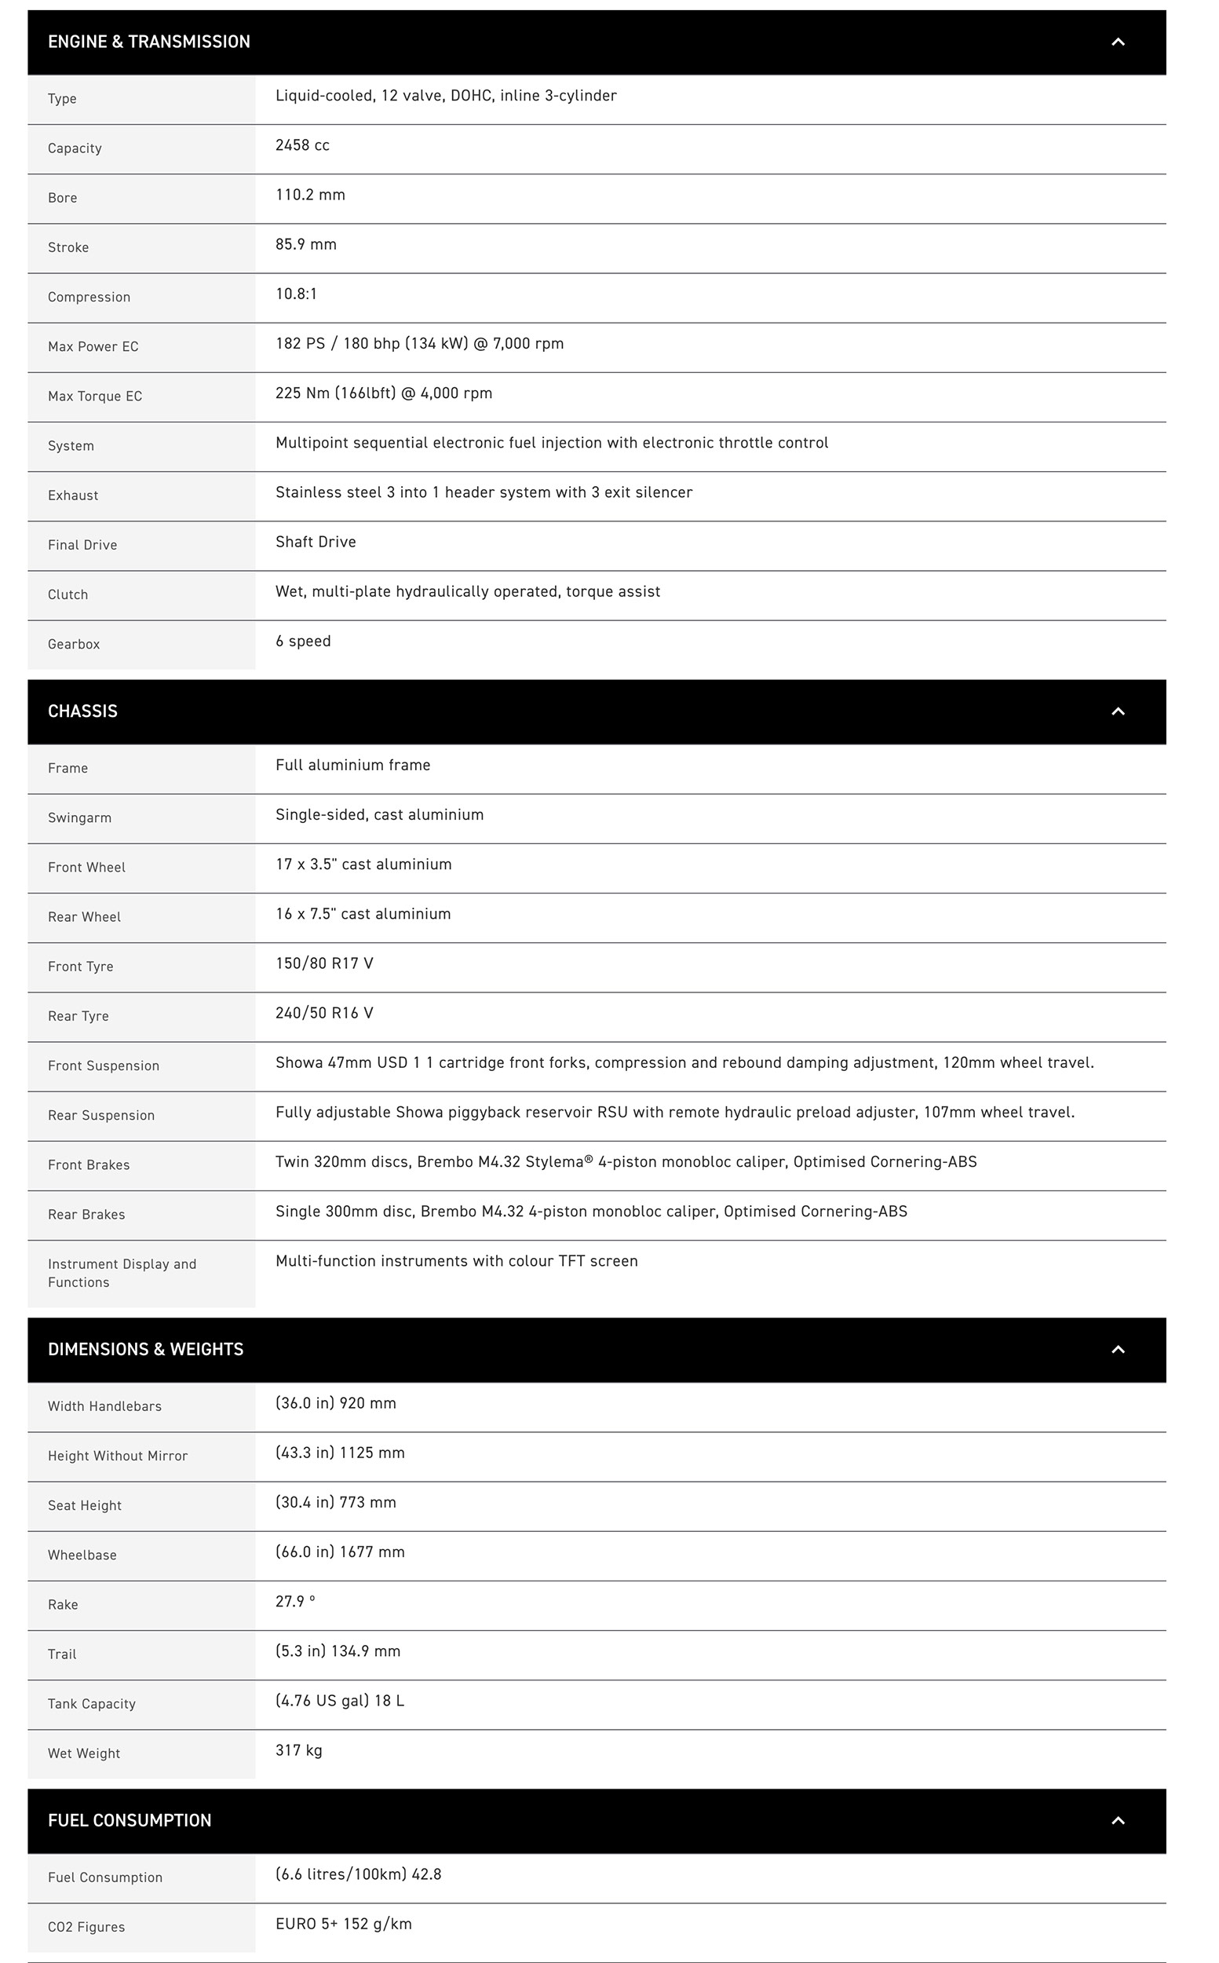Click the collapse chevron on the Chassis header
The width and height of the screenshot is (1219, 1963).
[x=1118, y=711]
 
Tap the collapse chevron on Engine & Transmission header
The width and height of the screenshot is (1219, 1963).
[x=1118, y=42]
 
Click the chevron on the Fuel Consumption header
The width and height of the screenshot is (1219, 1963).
[x=1118, y=1820]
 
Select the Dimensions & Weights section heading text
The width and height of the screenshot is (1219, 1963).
[x=145, y=1349]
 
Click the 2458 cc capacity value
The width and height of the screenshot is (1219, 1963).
[x=302, y=145]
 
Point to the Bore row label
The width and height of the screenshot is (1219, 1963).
[x=62, y=199]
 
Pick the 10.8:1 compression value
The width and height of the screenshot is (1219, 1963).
[x=296, y=294]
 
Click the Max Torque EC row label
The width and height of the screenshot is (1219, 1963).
[x=94, y=397]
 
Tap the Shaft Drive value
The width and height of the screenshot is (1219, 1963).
[x=316, y=542]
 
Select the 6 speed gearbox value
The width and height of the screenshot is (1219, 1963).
[x=303, y=642]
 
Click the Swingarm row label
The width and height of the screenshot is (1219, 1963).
[x=79, y=817]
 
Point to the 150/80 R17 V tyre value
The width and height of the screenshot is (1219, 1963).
[x=324, y=963]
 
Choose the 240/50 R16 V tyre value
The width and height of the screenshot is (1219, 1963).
[x=324, y=1013]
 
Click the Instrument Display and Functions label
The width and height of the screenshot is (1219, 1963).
[x=122, y=1274]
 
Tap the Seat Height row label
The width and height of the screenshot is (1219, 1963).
[x=85, y=1506]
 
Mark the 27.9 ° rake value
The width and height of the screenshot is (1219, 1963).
[x=295, y=1602]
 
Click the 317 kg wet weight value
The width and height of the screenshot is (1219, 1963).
[x=298, y=1750]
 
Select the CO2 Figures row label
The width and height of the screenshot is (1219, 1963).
[x=86, y=1928]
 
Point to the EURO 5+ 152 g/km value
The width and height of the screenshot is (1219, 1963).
[x=344, y=1925]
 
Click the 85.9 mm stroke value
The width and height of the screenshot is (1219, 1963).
[x=305, y=244]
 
